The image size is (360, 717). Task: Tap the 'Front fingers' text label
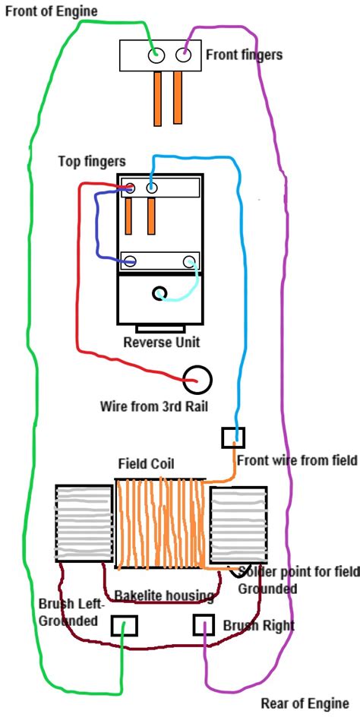pyautogui.click(x=244, y=55)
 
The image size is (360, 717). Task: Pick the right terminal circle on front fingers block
pyautogui.click(x=183, y=55)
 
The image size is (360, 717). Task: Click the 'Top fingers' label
pyautogui.click(x=91, y=162)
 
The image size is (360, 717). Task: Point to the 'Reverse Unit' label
pyautogui.click(x=161, y=342)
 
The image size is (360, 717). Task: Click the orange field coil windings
pyautogui.click(x=160, y=524)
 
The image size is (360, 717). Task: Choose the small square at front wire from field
pyautogui.click(x=233, y=437)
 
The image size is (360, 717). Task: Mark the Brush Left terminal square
pyautogui.click(x=125, y=625)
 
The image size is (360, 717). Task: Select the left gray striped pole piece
pyautogui.click(x=84, y=523)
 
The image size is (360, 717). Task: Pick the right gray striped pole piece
pyautogui.click(x=238, y=523)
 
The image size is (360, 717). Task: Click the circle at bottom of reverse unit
pyautogui.click(x=160, y=293)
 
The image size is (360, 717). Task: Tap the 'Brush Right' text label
pyautogui.click(x=258, y=627)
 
